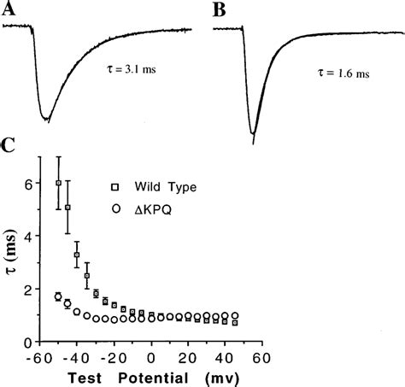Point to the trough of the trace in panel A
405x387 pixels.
point(45,119)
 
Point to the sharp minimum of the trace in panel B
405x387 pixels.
point(253,133)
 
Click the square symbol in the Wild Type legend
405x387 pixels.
point(114,185)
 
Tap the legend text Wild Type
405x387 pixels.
point(162,185)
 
